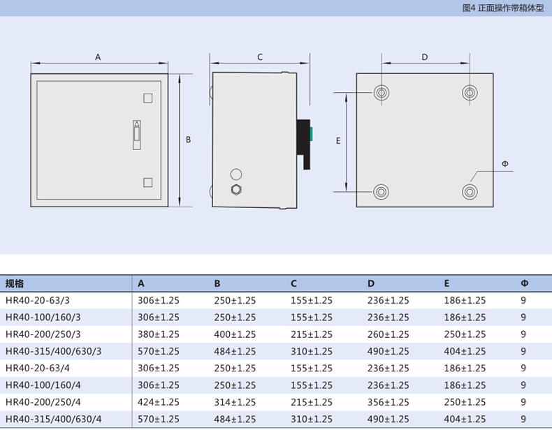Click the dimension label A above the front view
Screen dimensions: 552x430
98,57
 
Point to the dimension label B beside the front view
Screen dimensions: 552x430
189,140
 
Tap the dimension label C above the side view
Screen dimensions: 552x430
260,57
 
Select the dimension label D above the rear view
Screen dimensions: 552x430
425,57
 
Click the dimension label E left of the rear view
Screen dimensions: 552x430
338,140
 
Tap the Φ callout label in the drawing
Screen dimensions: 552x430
504,163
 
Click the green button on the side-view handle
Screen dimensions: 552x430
311,133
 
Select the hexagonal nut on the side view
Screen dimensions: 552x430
236,190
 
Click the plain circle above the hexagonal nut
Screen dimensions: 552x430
236,174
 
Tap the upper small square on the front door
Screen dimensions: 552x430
148,98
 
